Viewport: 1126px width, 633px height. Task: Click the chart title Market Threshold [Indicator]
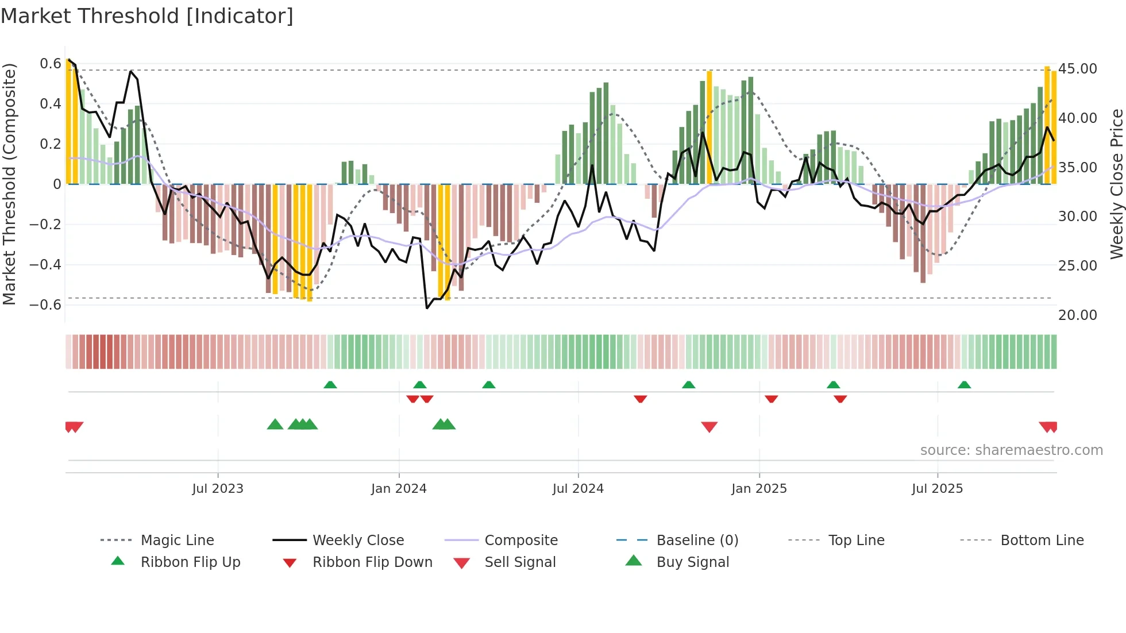[147, 16]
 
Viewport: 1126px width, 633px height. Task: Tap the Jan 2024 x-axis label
[399, 489]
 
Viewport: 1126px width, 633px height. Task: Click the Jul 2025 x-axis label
[937, 489]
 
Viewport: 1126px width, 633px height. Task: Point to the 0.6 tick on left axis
[51, 64]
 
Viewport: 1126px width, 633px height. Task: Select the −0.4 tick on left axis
[45, 265]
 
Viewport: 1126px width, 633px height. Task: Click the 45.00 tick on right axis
[1078, 69]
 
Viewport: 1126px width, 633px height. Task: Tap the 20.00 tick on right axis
[1078, 315]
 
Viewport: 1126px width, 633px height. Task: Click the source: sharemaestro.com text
[1011, 450]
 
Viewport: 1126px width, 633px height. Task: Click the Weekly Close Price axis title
[1116, 184]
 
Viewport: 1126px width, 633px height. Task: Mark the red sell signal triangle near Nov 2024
[709, 427]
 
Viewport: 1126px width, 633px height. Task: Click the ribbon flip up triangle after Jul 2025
[964, 385]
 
